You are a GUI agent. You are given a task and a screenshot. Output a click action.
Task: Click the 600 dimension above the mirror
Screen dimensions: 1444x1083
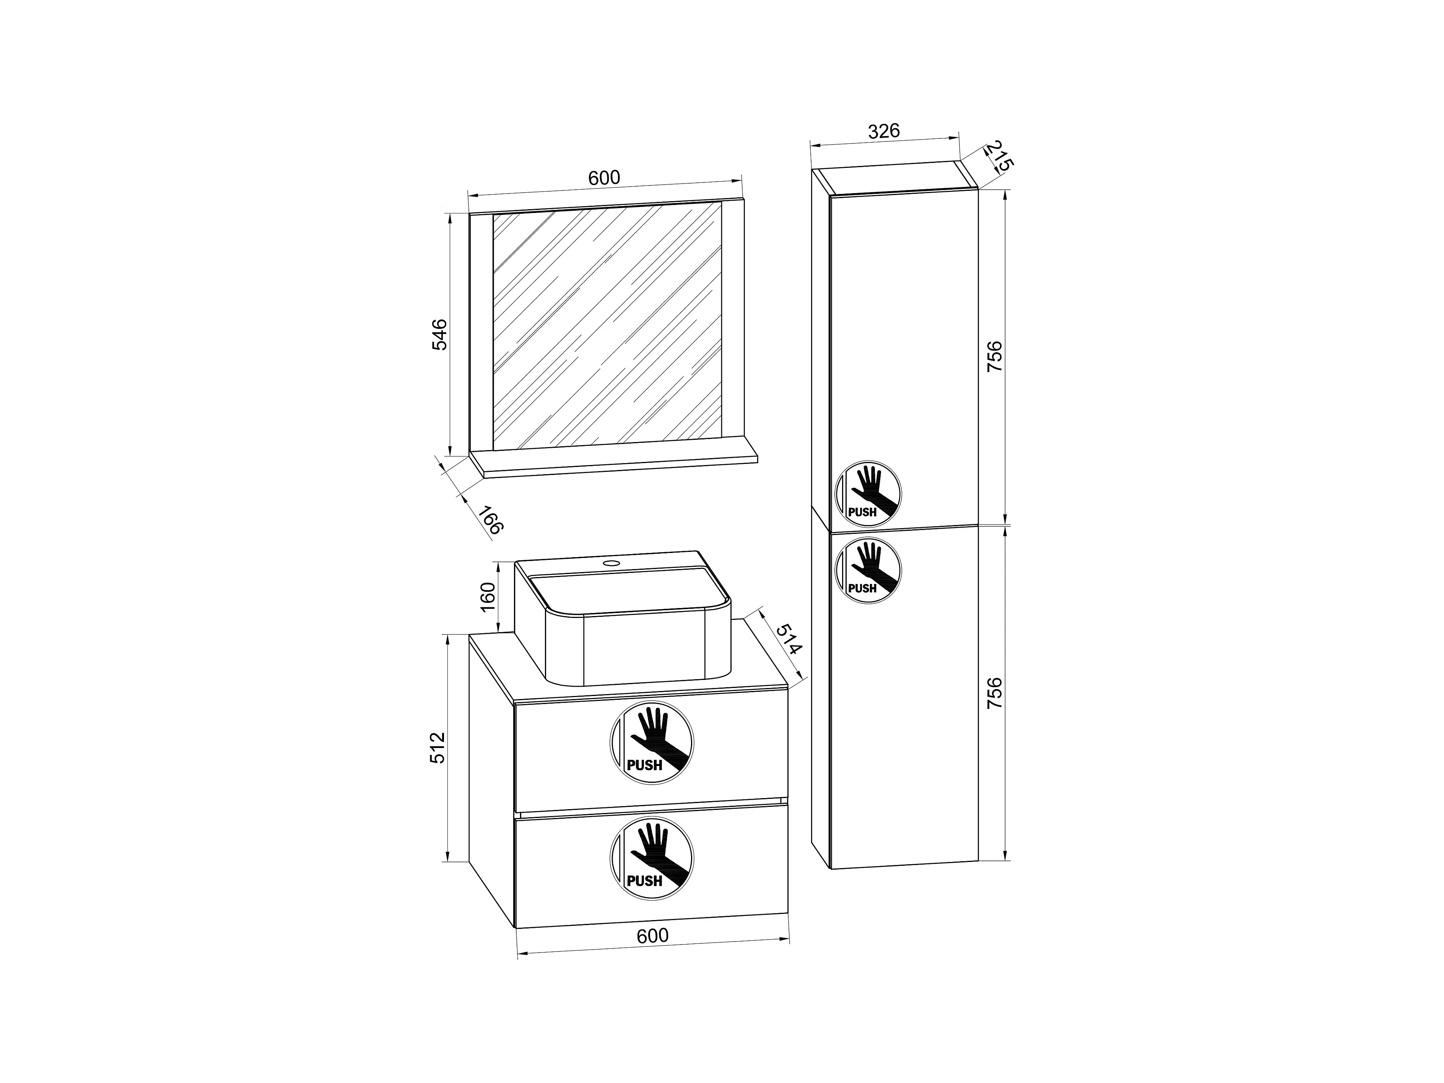click(x=604, y=177)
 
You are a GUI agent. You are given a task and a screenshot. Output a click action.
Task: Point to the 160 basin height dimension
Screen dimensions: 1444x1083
click(x=488, y=597)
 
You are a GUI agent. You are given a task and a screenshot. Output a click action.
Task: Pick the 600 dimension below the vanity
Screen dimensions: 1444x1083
click(x=653, y=935)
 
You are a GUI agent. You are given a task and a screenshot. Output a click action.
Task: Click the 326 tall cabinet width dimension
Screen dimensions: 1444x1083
click(x=884, y=131)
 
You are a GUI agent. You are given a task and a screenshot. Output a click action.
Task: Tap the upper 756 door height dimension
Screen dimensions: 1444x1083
click(x=994, y=356)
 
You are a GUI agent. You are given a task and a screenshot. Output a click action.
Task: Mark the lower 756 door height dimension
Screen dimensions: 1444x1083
click(x=994, y=694)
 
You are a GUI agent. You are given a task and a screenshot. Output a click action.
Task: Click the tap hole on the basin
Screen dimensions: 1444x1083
click(x=612, y=562)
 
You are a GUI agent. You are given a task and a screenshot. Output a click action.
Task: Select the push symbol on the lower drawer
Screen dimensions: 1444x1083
click(x=652, y=858)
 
